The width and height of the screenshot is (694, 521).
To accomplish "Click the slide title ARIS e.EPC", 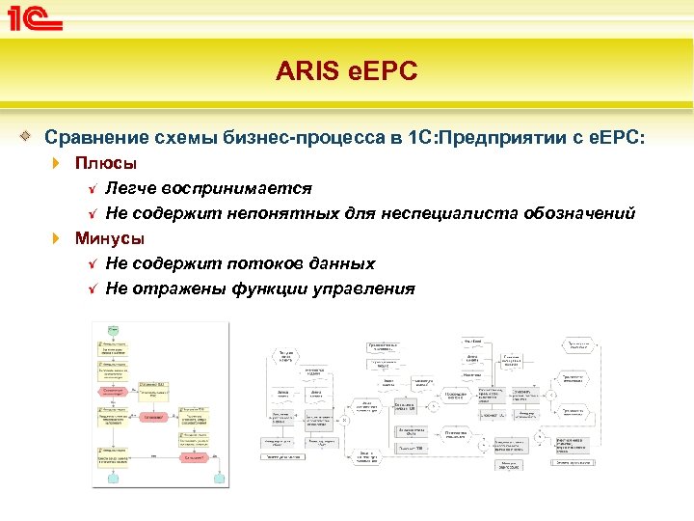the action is point(347,70).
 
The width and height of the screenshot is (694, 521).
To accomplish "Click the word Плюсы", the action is point(106,163).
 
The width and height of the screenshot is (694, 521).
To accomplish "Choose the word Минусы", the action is point(111,237).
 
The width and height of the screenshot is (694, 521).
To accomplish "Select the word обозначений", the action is point(580,212).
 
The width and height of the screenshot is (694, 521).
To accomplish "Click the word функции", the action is point(274,288).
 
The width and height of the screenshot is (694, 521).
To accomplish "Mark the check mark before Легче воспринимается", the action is point(93,187).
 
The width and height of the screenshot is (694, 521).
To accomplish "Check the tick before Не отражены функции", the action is point(93,288).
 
